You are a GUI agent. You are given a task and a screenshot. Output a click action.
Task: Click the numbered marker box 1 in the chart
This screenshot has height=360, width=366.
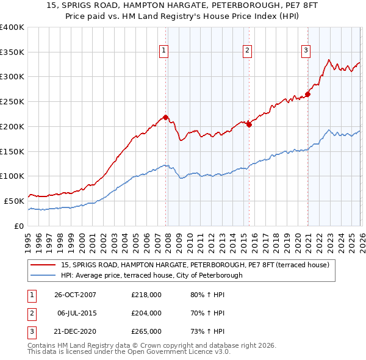coord(165,51)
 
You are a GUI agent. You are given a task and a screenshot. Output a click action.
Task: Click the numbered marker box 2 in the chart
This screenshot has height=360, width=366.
coord(248,51)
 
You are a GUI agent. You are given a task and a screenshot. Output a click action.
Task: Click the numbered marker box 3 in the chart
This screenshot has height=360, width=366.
coord(306,51)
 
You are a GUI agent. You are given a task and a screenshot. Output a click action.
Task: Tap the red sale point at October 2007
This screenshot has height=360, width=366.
coord(165,117)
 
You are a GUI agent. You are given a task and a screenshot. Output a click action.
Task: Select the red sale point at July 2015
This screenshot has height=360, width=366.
coord(249,124)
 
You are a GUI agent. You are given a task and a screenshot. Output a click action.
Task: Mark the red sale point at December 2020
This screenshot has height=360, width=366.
coord(308,94)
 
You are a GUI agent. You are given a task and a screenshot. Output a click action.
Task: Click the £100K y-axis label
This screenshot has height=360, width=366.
coord(12,176)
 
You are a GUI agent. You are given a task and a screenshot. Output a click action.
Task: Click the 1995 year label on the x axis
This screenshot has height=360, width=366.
coord(28,238)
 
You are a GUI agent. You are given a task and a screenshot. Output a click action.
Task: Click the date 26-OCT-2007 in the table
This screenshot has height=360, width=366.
coord(75,295)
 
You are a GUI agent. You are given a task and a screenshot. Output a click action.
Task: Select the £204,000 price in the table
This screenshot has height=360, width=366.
coord(146,313)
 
